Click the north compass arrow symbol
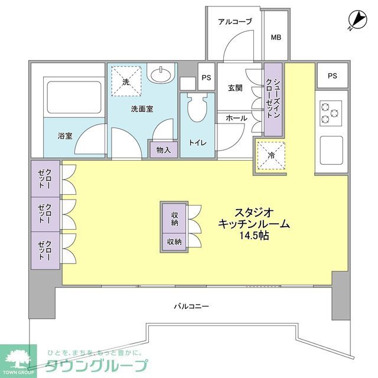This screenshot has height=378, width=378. tap(355, 21)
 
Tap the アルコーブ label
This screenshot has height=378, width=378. tap(234, 22)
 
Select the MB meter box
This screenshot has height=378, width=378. tap(276, 38)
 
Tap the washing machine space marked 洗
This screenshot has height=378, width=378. tap(125, 82)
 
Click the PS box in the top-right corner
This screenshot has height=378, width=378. tap(332, 76)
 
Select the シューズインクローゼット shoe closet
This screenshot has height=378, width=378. tap(272, 99)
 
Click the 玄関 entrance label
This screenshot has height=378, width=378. tap(236, 89)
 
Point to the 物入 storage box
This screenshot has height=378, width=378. tap(164, 149)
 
